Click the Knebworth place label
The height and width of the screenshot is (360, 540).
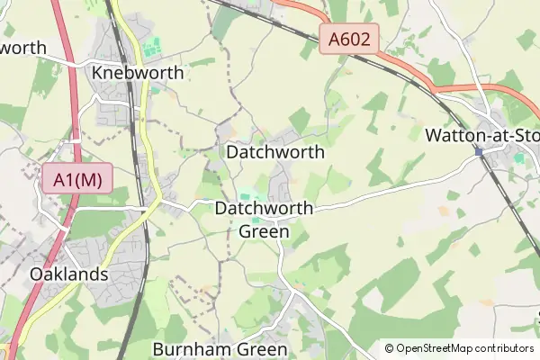click(138, 73)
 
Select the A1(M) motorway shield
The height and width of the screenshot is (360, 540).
click(77, 179)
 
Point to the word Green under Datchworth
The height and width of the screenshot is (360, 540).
click(264, 231)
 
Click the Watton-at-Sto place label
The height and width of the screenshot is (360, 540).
click(481, 136)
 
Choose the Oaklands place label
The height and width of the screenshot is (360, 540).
click(68, 274)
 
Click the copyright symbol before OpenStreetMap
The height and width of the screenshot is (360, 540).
click(389, 348)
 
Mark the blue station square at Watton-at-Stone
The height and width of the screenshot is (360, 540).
click(480, 152)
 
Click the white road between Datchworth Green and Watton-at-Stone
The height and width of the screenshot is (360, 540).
click(387, 193)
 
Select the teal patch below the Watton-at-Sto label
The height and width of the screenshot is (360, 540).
click(518, 158)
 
